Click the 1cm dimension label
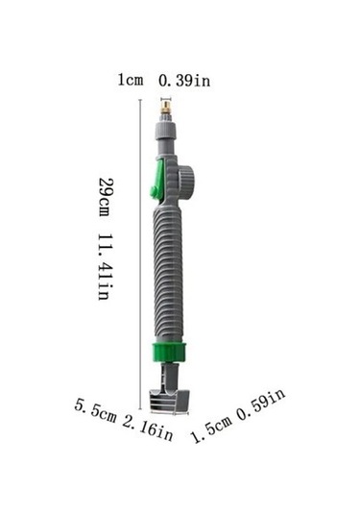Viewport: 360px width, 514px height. point(131,80)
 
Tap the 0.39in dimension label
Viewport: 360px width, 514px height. point(184,81)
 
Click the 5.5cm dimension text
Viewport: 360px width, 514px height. point(95,410)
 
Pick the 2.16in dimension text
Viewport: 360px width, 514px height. point(148,428)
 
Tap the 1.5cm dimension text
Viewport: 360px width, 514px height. point(211,428)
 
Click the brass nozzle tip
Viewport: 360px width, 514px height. point(166,109)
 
